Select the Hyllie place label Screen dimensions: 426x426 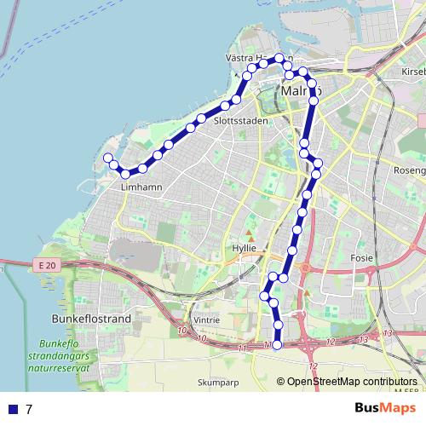coord(245,247)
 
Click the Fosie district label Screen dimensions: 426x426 coord(361,256)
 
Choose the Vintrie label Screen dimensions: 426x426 coord(207,319)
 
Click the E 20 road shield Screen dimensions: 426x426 coord(48,267)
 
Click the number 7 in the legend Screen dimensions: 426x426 coord(29,409)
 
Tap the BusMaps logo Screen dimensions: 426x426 coord(379,408)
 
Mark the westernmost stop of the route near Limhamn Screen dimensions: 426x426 coord(108,158)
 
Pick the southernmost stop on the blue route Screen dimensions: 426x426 coord(277,344)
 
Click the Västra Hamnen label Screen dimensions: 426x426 coord(253,58)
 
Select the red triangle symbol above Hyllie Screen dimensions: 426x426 coord(250,233)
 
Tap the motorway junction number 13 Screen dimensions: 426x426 coord(388,332)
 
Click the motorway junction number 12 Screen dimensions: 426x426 coord(314,366)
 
